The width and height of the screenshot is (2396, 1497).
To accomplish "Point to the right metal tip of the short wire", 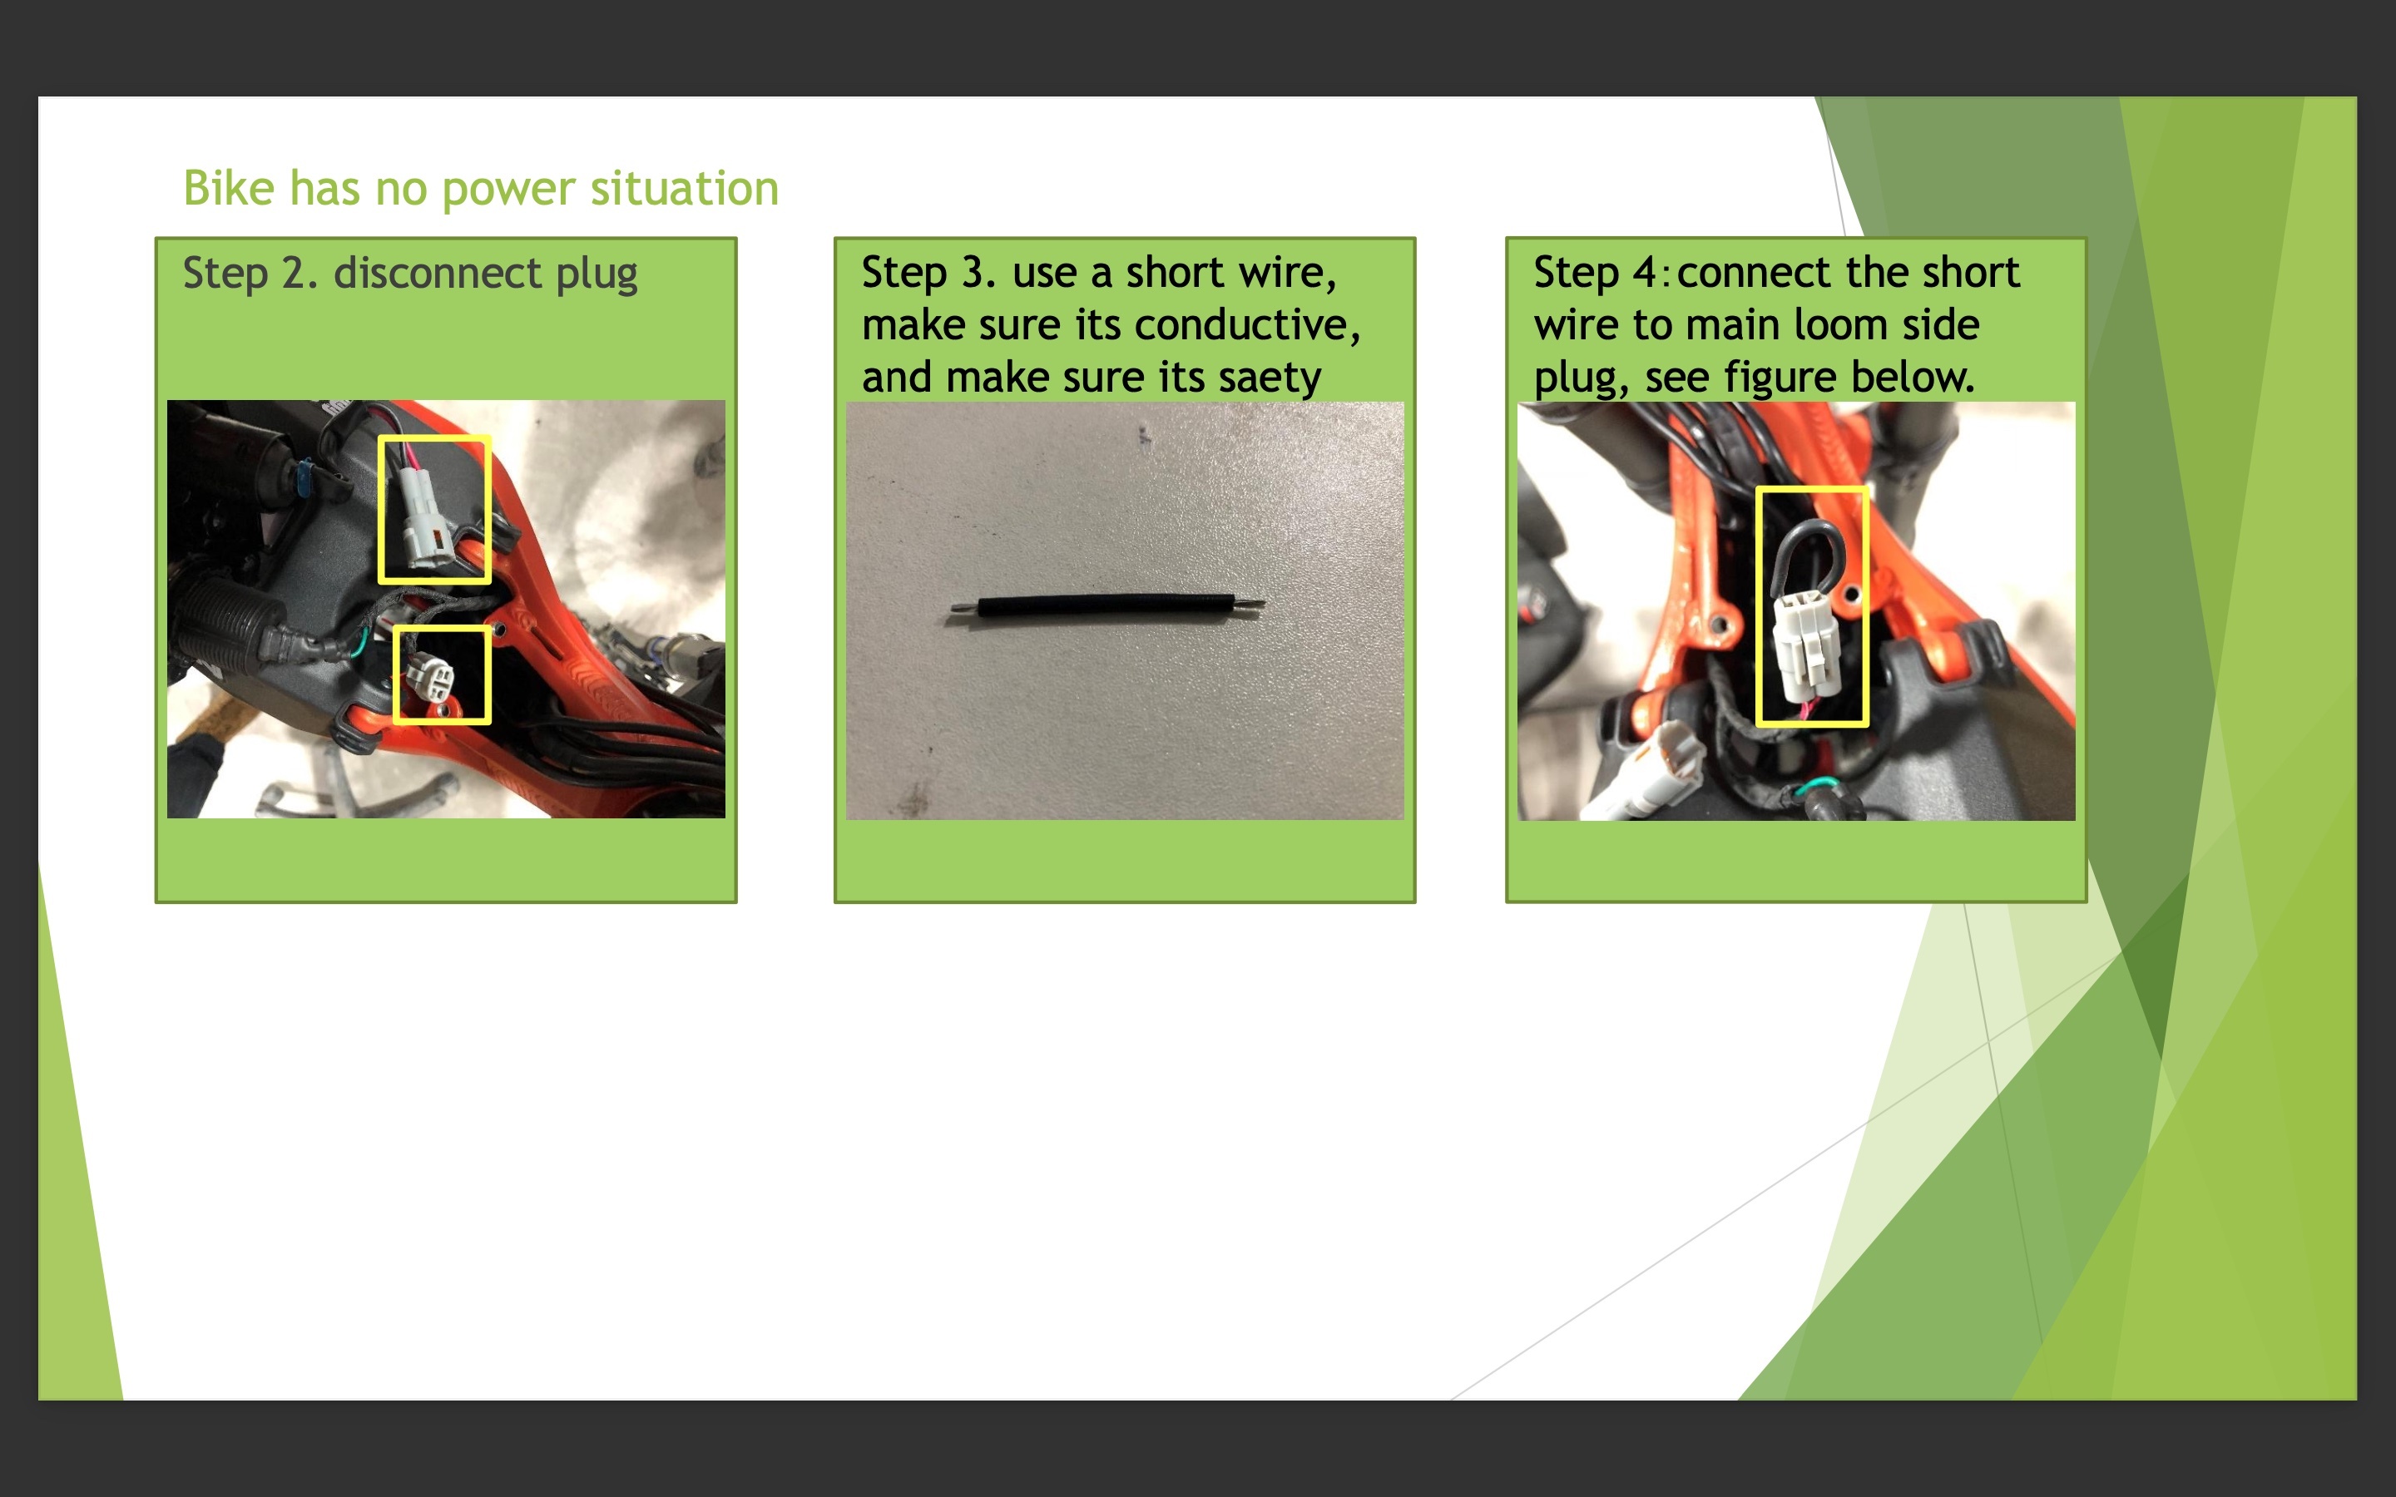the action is tap(1250, 599).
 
